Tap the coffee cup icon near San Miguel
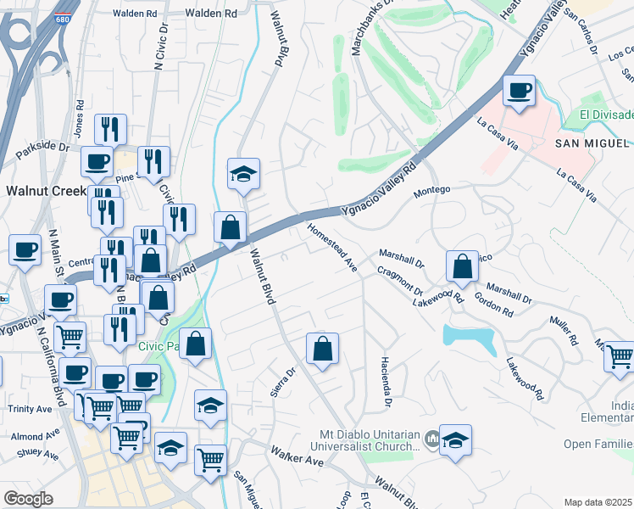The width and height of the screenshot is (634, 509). pos(519,90)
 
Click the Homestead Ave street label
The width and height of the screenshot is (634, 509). pos(332,247)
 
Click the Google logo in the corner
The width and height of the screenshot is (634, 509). pos(28,498)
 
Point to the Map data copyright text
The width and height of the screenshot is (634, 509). pos(598,502)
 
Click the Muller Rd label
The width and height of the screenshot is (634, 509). pos(563,331)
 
